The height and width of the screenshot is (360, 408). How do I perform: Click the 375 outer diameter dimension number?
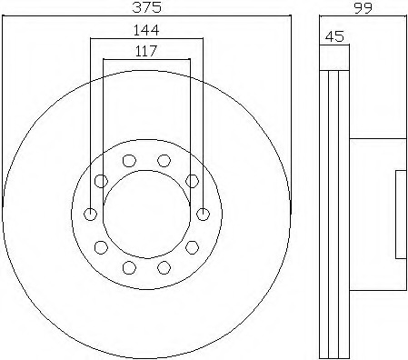tap(147, 6)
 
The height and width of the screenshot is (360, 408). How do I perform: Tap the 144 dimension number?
tap(146, 30)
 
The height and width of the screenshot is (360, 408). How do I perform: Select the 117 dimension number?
tap(146, 51)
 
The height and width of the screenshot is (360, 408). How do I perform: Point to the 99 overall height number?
tap(363, 7)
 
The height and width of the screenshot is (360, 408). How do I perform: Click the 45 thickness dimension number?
tap(334, 36)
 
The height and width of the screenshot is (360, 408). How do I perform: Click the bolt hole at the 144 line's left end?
tap(90, 214)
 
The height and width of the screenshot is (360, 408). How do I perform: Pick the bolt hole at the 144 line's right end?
tap(203, 214)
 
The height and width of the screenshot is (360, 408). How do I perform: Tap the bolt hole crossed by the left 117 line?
tap(101, 181)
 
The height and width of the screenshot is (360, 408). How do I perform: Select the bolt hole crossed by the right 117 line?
tap(192, 181)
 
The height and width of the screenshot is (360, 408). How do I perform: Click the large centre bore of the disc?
tap(147, 215)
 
